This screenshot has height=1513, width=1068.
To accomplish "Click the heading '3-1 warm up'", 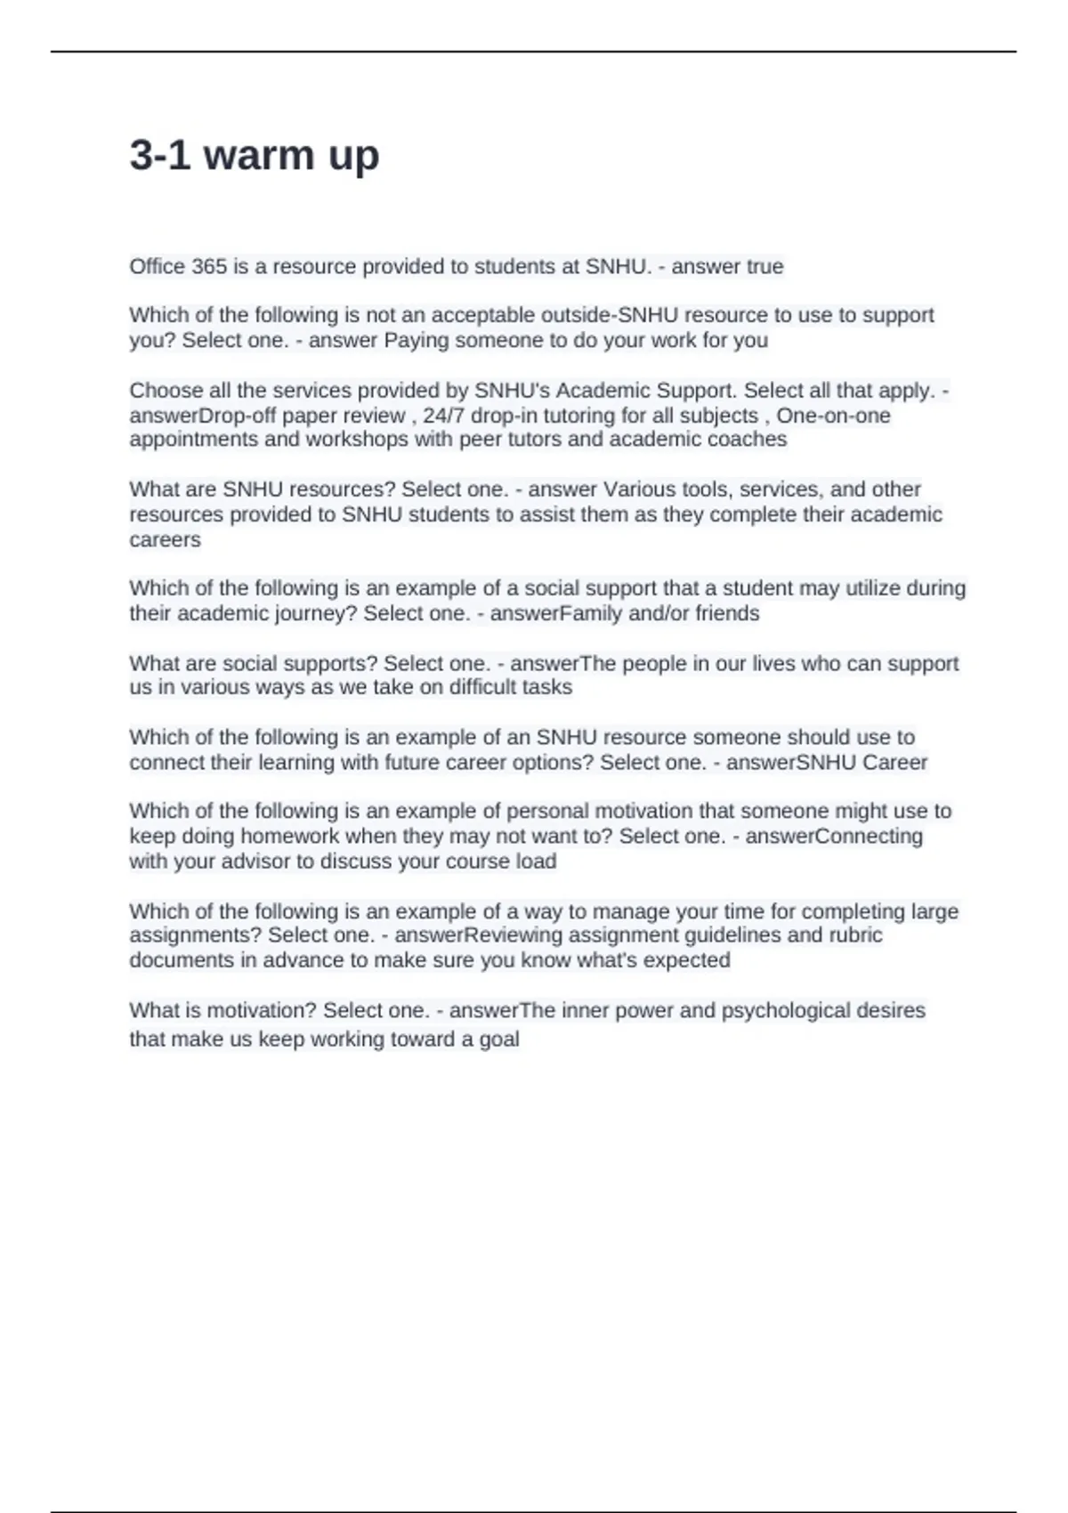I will [255, 156].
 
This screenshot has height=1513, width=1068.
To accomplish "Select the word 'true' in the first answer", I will [765, 267].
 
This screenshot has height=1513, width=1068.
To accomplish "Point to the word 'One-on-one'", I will [833, 416].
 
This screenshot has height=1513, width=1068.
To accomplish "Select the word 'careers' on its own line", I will [165, 540].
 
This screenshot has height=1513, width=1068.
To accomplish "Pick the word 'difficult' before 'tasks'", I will [485, 687].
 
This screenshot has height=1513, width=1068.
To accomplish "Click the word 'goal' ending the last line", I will [498, 1040].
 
